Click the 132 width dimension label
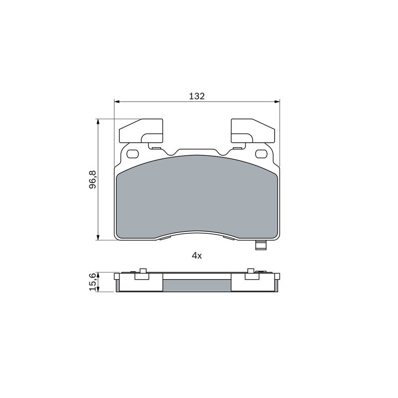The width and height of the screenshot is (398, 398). point(197,96)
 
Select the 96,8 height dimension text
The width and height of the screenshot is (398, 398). point(93,180)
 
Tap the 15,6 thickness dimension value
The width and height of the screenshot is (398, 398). point(93,282)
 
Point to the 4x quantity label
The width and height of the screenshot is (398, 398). point(197,256)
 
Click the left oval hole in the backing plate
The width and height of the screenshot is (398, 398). point(132,154)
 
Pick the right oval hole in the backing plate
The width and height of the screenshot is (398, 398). point(262,154)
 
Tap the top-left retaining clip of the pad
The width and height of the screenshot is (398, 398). point(141,131)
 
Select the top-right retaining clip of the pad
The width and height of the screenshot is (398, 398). point(253,131)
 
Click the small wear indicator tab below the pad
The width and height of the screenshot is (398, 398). point(261,245)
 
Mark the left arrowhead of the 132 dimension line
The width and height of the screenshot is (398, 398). point(116,102)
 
